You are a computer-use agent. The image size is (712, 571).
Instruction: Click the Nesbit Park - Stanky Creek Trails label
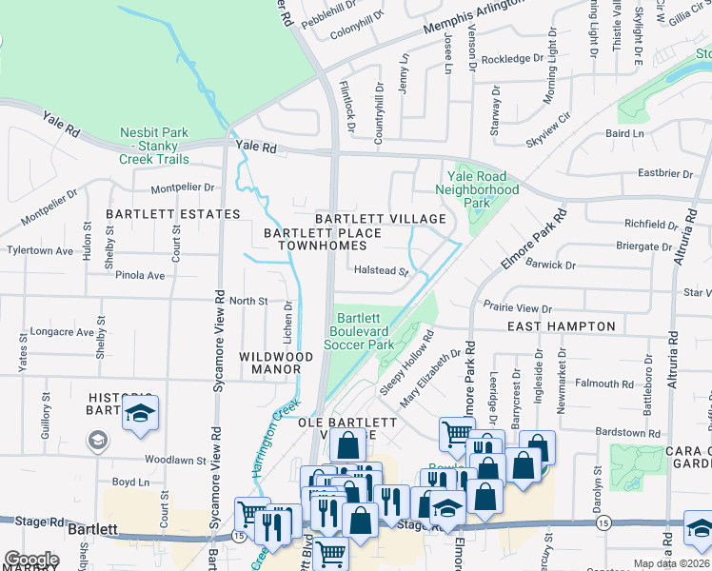pos(154,147)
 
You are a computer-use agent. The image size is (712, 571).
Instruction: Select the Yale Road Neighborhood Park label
pos(477,189)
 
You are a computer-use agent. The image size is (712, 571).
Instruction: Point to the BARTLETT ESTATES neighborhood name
pos(172,214)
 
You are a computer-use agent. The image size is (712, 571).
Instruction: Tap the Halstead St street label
pos(381,271)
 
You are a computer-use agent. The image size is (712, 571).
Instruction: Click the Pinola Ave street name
pos(141,276)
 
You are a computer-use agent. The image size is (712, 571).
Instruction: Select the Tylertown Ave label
pos(40,251)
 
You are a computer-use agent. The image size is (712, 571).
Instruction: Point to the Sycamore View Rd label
pos(217,363)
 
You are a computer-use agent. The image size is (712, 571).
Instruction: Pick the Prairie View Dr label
pos(517,308)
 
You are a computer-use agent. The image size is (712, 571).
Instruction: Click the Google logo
pos(30,560)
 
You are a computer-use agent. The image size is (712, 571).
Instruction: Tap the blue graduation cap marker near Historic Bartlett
pos(140,414)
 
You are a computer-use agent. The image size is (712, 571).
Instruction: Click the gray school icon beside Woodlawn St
pos(96,441)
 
